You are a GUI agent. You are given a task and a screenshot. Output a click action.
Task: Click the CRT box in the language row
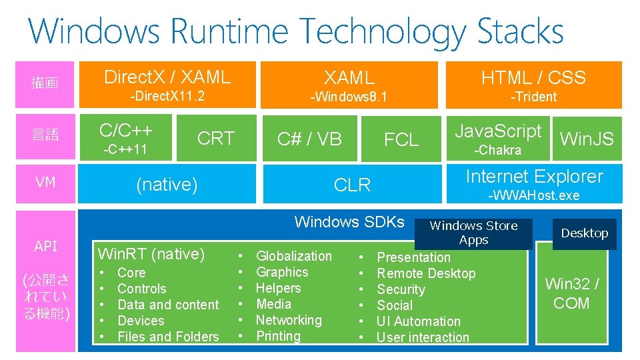pyautogui.click(x=216, y=138)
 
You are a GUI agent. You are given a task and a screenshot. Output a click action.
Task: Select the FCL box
pyautogui.click(x=401, y=139)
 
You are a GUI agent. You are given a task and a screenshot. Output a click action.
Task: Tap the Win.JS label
pyautogui.click(x=587, y=139)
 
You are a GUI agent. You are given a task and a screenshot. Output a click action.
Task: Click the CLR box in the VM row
pyautogui.click(x=352, y=185)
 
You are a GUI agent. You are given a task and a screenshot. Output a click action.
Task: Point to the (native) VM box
pyautogui.click(x=167, y=184)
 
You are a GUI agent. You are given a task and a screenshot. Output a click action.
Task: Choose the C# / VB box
pyautogui.click(x=309, y=139)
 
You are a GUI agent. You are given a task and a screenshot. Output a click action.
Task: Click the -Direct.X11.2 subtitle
pyautogui.click(x=167, y=96)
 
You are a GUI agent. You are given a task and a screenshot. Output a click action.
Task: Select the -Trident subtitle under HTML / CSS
pyautogui.click(x=533, y=97)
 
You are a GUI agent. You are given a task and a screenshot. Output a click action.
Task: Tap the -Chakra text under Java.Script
pyautogui.click(x=497, y=150)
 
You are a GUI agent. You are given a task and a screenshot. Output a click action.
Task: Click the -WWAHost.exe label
pyautogui.click(x=534, y=195)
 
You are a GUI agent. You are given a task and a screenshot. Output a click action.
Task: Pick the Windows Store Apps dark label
pyautogui.click(x=473, y=233)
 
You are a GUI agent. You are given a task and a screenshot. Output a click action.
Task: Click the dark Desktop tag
pyautogui.click(x=584, y=233)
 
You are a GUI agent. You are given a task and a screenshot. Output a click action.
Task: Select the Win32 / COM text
pyautogui.click(x=571, y=293)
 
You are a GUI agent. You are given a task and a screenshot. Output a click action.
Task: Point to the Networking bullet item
pyautogui.click(x=289, y=320)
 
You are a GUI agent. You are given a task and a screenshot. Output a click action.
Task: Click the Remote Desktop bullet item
pyautogui.click(x=426, y=273)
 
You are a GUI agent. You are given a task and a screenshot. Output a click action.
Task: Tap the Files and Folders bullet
pyautogui.click(x=168, y=337)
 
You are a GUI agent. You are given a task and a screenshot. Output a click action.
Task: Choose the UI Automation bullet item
pyautogui.click(x=418, y=321)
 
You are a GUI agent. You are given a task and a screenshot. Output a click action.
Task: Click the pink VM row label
pyautogui.click(x=45, y=182)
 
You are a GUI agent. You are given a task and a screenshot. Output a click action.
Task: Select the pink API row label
pyautogui.click(x=45, y=246)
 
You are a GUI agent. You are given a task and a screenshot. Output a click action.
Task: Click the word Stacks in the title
pyautogui.click(x=520, y=31)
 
